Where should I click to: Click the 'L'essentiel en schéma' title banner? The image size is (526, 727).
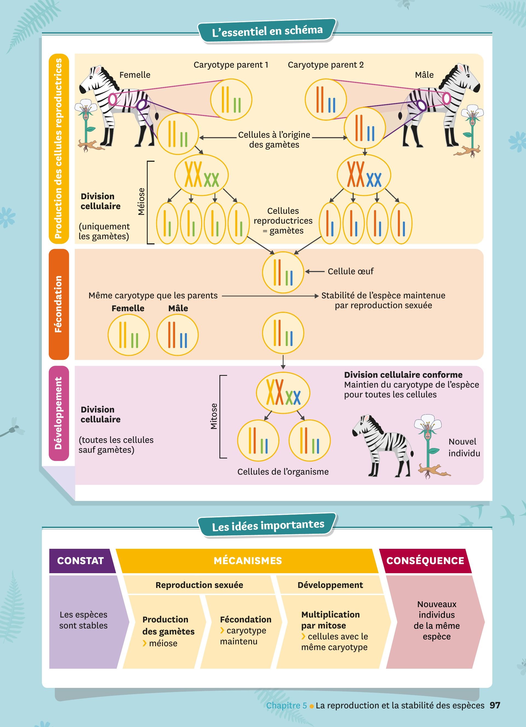click(267, 31)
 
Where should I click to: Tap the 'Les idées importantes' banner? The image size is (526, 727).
click(268, 525)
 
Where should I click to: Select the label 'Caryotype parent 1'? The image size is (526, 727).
click(231, 65)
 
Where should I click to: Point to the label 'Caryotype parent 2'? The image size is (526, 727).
click(325, 65)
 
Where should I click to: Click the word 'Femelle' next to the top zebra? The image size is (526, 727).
click(135, 75)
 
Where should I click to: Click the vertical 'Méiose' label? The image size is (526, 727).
click(141, 201)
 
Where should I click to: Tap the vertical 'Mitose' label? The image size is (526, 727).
click(214, 416)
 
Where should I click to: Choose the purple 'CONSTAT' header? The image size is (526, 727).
click(81, 560)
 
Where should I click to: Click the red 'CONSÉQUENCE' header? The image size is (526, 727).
click(425, 560)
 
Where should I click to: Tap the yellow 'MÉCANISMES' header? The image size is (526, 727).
click(248, 560)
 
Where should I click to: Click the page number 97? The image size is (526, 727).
click(495, 705)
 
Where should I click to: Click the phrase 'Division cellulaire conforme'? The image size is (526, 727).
click(403, 375)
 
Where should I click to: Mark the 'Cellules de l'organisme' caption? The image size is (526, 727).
click(283, 472)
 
